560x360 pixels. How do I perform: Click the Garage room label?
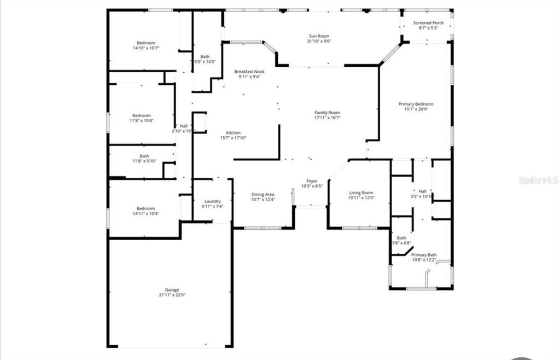click(x=172, y=290)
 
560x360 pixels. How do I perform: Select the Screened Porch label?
click(x=428, y=22)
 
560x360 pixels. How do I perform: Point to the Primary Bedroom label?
click(x=416, y=104)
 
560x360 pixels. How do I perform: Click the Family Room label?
click(x=327, y=113)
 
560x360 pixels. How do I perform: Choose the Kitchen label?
click(x=234, y=133)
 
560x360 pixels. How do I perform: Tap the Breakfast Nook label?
click(x=249, y=72)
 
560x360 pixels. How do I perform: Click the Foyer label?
click(x=312, y=181)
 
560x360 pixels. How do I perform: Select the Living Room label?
click(x=361, y=193)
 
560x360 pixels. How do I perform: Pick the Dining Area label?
click(x=262, y=194)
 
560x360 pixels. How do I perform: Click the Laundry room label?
click(x=212, y=201)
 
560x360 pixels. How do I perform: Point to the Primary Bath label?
click(x=424, y=255)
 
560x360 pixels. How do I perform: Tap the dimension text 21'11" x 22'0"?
click(x=172, y=295)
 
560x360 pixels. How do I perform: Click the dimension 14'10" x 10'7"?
click(x=146, y=48)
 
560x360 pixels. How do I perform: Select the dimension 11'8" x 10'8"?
click(x=142, y=121)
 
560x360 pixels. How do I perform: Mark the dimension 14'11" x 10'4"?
click(x=145, y=213)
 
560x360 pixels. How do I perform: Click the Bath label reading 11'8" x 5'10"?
click(x=144, y=156)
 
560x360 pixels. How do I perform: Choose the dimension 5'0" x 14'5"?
click(x=205, y=62)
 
